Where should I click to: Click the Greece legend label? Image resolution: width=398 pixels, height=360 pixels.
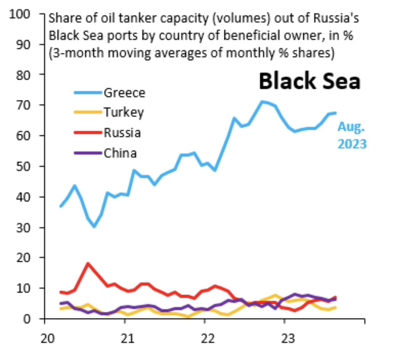pos(124,93)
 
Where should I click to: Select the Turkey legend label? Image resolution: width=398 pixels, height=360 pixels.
pos(124,112)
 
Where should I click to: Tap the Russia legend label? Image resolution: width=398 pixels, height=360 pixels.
pos(122,133)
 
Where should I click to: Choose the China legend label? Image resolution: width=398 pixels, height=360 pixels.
pos(120,153)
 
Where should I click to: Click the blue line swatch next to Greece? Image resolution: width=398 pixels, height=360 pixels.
pos(88,93)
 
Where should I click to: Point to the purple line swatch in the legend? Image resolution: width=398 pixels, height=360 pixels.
pos(88,153)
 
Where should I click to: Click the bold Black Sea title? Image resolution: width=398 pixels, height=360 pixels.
pos(309,81)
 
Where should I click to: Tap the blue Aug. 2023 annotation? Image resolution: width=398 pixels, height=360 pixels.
pos(352,135)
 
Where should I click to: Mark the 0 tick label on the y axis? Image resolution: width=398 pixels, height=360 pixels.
pos(27,319)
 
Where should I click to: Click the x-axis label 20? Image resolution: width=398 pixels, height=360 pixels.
pos(47,338)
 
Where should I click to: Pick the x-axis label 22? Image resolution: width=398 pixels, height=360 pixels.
pos(208,338)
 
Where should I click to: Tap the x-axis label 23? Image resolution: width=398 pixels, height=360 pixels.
pos(288,338)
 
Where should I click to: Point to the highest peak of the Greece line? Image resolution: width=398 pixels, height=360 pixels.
pos(262,102)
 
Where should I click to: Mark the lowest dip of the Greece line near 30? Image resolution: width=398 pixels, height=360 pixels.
pos(94,227)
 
